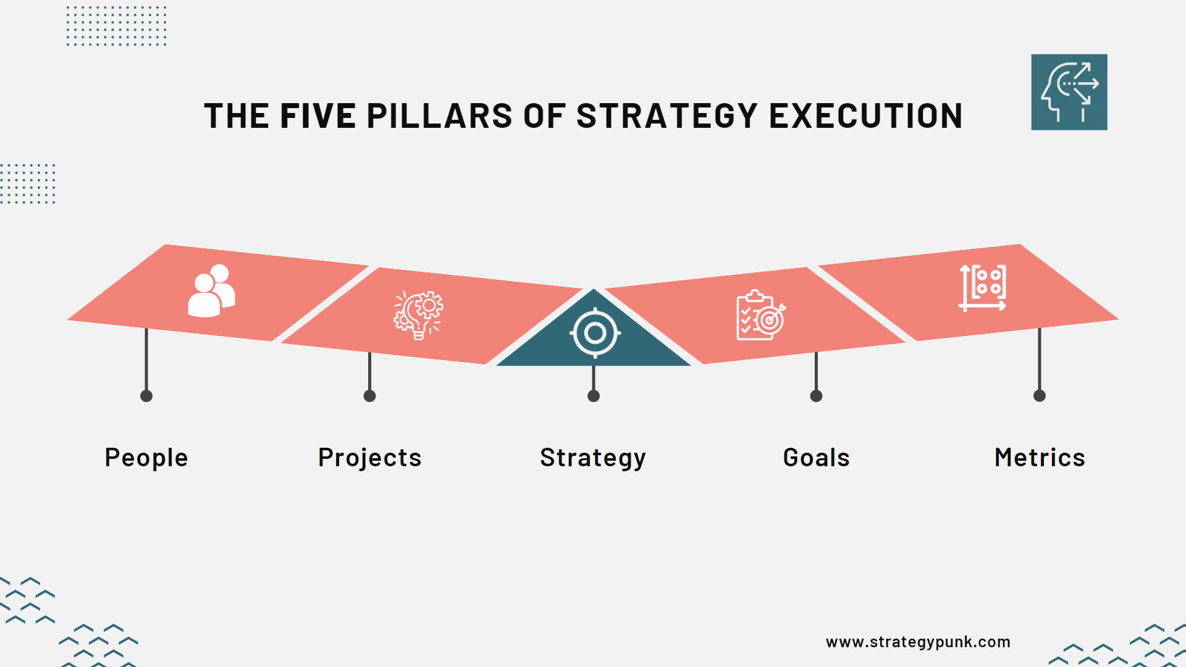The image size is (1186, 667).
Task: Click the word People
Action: [x=146, y=458]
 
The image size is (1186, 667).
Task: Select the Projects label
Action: [x=369, y=458]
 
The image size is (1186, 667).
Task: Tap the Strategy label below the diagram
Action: [x=593, y=458]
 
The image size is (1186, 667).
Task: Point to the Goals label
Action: [x=816, y=458]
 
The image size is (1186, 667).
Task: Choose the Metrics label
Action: [x=1040, y=458]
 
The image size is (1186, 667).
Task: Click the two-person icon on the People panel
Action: [x=212, y=291]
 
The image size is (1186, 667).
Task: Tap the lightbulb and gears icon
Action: [x=419, y=315]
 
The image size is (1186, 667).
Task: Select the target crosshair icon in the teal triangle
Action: [x=595, y=333]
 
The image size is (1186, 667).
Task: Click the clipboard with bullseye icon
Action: [x=760, y=315]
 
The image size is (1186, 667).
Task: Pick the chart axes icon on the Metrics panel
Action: [x=983, y=288]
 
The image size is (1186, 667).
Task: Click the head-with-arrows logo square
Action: [x=1069, y=92]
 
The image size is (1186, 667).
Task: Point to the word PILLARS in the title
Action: [x=439, y=116]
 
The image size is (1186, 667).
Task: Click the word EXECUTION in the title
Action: [x=865, y=116]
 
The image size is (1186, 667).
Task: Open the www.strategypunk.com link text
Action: [x=918, y=642]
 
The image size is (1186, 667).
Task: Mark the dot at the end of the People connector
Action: [x=146, y=396]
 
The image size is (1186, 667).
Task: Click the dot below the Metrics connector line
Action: [x=1040, y=396]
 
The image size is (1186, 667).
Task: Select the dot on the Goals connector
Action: [x=816, y=396]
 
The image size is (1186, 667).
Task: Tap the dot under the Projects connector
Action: [x=369, y=396]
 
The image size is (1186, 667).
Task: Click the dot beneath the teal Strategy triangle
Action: [x=594, y=396]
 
